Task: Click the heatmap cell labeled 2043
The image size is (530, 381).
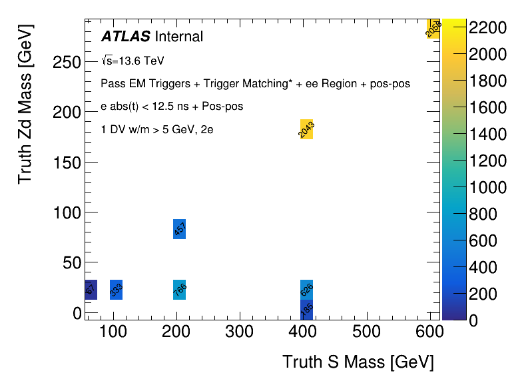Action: pos(306,129)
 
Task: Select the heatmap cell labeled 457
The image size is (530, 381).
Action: pos(179,229)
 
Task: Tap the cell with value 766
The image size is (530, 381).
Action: pos(179,290)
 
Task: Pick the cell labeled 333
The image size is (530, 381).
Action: pos(116,290)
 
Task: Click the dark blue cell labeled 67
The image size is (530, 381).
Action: pos(91,290)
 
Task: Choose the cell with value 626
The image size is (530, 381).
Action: pos(306,290)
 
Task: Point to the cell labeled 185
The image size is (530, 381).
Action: pos(306,309)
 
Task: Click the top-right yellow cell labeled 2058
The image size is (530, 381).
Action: pos(433,29)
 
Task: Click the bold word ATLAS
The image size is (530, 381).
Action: pos(126,36)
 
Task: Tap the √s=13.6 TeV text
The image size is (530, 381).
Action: pos(132,61)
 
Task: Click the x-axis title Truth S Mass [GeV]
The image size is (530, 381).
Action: pos(358,362)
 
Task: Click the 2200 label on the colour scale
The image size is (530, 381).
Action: pos(488,27)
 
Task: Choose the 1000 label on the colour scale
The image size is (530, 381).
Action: pos(488,187)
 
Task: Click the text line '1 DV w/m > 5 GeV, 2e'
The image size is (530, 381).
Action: pos(156,130)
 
